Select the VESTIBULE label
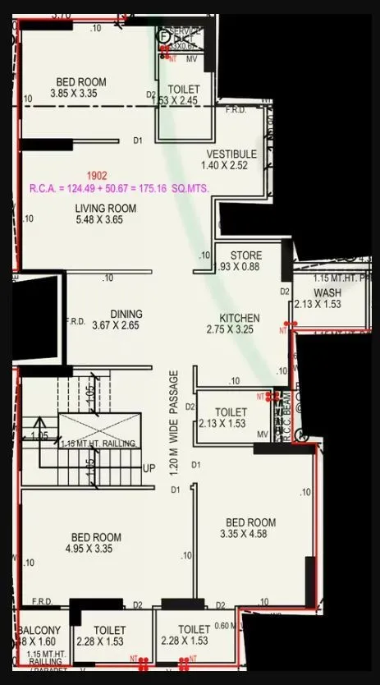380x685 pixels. [x=231, y=154]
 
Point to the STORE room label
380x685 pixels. [x=245, y=255]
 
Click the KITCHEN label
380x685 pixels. [x=239, y=318]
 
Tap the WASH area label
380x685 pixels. [x=327, y=292]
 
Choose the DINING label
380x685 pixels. [x=126, y=314]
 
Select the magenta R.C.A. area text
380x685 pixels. [x=119, y=188]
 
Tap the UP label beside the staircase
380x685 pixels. [x=149, y=468]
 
